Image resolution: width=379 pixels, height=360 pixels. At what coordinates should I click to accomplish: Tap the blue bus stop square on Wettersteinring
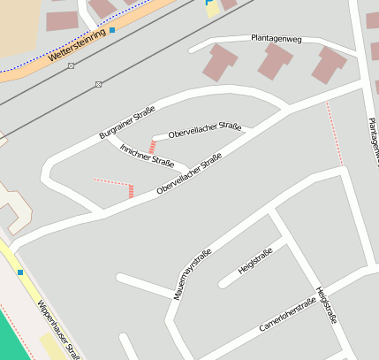112,30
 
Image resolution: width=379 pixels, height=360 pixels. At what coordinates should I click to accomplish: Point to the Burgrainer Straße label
127,123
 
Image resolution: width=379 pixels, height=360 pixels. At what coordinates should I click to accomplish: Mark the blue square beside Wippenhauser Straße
19,272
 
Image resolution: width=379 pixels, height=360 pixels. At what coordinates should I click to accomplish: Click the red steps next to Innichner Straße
152,146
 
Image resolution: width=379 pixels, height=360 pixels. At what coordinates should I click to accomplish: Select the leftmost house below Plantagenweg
220,62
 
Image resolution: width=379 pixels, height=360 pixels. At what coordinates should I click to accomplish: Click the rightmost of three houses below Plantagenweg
330,65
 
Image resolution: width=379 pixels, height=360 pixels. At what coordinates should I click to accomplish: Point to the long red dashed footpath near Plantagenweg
334,133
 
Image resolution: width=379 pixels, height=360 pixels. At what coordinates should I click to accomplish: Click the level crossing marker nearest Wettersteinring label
71,65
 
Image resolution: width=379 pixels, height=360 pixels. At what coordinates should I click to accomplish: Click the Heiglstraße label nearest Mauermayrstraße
255,260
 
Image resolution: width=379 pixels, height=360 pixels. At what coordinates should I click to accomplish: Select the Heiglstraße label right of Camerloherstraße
326,305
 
